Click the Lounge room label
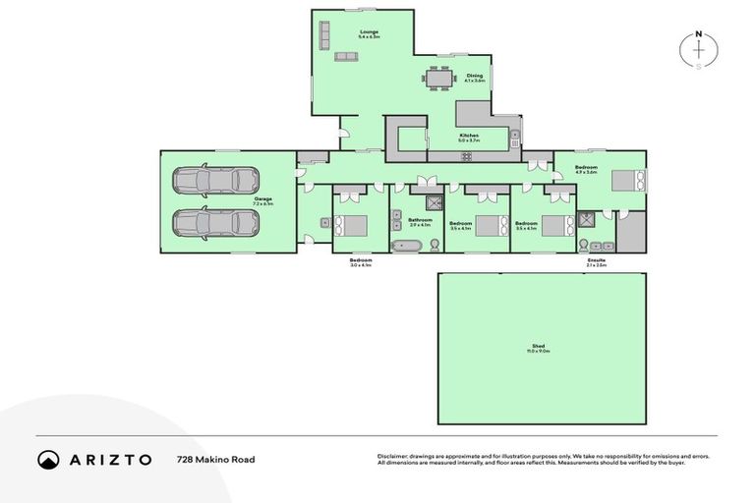click(369, 32)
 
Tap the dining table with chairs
click(439, 77)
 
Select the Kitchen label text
click(469, 135)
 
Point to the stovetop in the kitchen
click(514, 144)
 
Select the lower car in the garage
click(215, 222)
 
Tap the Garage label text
click(262, 198)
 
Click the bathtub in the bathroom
click(407, 244)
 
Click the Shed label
click(541, 346)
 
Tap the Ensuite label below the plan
click(596, 260)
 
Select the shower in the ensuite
click(587, 221)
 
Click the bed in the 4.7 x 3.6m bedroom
click(627, 181)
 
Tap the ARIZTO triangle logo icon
click(49, 460)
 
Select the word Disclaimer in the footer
click(393, 456)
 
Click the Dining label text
click(475, 76)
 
